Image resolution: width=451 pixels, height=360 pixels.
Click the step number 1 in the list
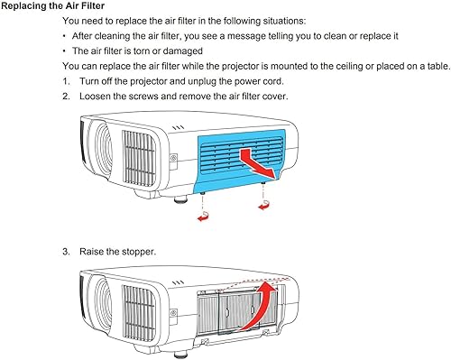click(66, 81)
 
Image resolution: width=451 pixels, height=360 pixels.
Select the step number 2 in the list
click(66, 96)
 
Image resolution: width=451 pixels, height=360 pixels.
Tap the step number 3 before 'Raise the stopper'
click(66, 250)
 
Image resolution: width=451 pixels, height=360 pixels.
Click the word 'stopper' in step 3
click(139, 250)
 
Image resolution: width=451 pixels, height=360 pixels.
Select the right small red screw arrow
click(264, 208)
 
